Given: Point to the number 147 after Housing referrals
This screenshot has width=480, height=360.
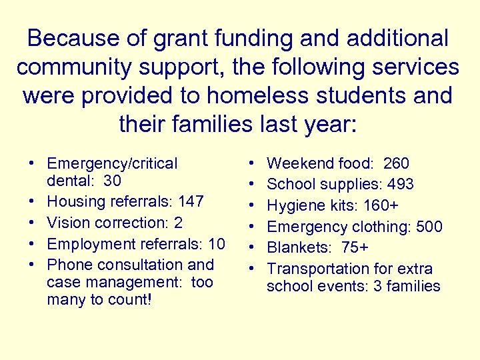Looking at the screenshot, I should (191, 201).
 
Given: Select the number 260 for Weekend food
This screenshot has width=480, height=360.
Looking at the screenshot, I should (397, 163).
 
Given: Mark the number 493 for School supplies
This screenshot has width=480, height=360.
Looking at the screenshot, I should (401, 184).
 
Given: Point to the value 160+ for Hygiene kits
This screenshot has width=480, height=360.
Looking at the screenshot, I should (381, 205).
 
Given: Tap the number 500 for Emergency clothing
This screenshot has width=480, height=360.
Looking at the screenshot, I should (429, 227).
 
